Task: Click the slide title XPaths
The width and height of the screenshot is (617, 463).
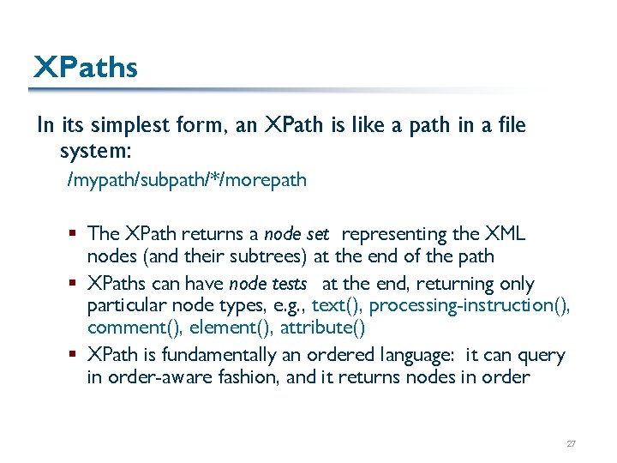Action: tap(85, 67)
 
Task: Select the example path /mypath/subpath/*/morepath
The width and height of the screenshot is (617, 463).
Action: tap(187, 180)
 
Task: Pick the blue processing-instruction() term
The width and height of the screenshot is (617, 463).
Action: tap(470, 305)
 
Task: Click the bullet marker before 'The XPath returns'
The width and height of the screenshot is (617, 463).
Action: tap(76, 234)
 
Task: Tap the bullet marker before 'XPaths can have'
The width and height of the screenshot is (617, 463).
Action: tap(76, 284)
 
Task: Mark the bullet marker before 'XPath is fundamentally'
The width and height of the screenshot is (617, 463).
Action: tap(76, 355)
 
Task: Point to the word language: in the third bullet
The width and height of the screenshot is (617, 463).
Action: tap(411, 355)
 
